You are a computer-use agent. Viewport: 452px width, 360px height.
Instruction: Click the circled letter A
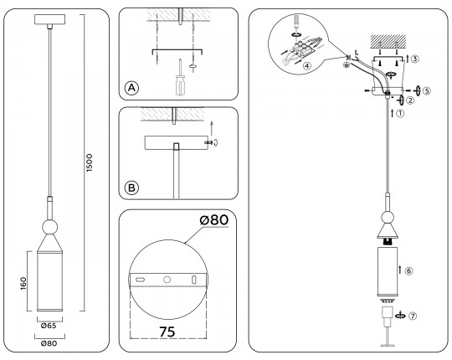(131, 88)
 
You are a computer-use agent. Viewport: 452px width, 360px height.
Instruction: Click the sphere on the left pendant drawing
(49, 227)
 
